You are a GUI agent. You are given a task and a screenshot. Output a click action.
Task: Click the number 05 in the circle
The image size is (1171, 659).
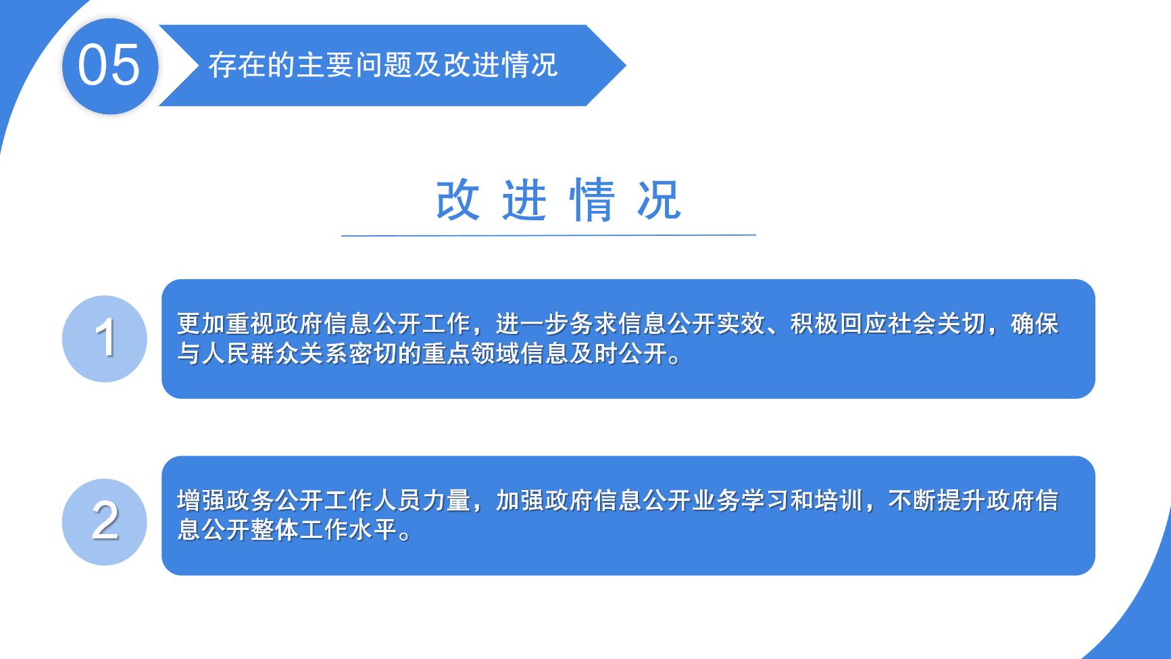pyautogui.click(x=109, y=65)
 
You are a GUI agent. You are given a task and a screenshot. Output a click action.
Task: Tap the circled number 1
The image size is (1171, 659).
pyautogui.click(x=105, y=338)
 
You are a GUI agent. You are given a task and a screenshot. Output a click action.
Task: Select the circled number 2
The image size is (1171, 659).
pyautogui.click(x=105, y=521)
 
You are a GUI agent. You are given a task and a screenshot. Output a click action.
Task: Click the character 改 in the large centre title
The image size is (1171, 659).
pyautogui.click(x=458, y=199)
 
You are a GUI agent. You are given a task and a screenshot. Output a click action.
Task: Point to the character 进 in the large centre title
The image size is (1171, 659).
pyautogui.click(x=524, y=199)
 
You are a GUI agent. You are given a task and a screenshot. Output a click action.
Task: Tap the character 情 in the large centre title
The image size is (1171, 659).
pyautogui.click(x=592, y=199)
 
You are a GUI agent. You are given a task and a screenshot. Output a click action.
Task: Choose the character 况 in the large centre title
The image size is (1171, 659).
pyautogui.click(x=659, y=199)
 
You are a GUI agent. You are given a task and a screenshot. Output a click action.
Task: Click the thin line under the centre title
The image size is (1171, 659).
pyautogui.click(x=549, y=235)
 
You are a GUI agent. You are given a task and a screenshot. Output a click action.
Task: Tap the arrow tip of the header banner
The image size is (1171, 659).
pyautogui.click(x=626, y=66)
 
